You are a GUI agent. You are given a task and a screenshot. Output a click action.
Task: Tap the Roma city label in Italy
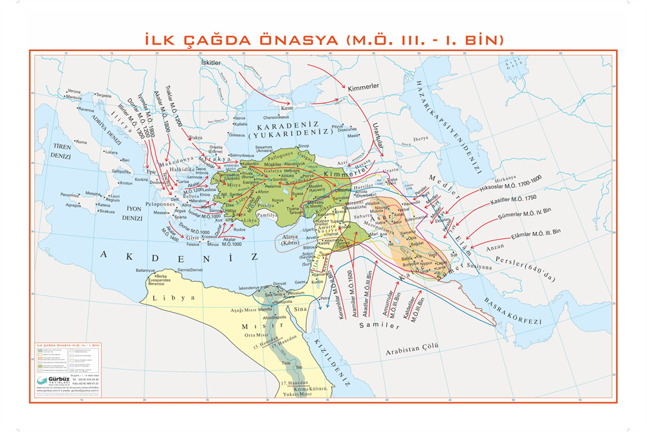point(81,142)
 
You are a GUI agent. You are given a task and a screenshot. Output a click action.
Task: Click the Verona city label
point(74,91)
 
